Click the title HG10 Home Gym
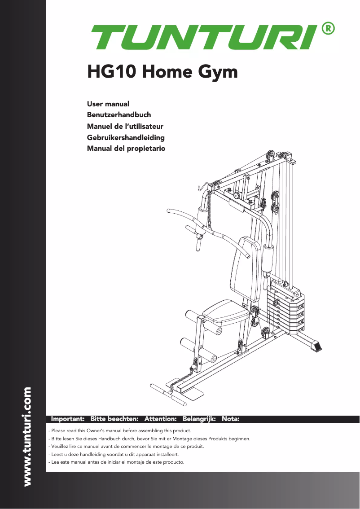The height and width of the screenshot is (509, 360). [162, 71]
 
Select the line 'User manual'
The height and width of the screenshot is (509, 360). [108, 104]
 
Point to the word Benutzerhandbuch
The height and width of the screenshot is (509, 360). [119, 115]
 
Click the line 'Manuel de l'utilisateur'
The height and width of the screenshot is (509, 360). [125, 126]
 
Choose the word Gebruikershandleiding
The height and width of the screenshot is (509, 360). [126, 137]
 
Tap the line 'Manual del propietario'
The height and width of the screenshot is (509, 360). [126, 149]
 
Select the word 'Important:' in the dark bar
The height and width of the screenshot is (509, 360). [68, 419]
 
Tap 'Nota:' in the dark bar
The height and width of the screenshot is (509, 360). [230, 419]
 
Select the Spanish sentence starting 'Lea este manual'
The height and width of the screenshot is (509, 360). [116, 462]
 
